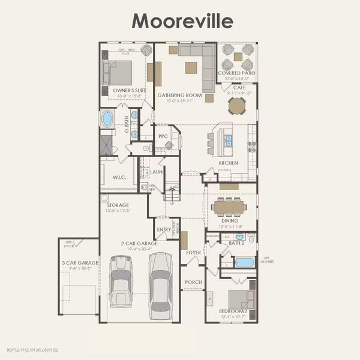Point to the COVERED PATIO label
pos(237,73)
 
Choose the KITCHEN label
pos(228,163)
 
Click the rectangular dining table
pos(229,207)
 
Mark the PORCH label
pos(193,282)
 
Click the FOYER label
pos(193,253)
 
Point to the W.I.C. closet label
pos(118,178)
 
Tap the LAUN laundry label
pos(156,172)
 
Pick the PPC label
pos(162,136)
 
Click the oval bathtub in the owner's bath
pos(107,119)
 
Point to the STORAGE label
pos(118,205)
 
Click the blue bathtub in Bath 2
pos(245,262)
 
